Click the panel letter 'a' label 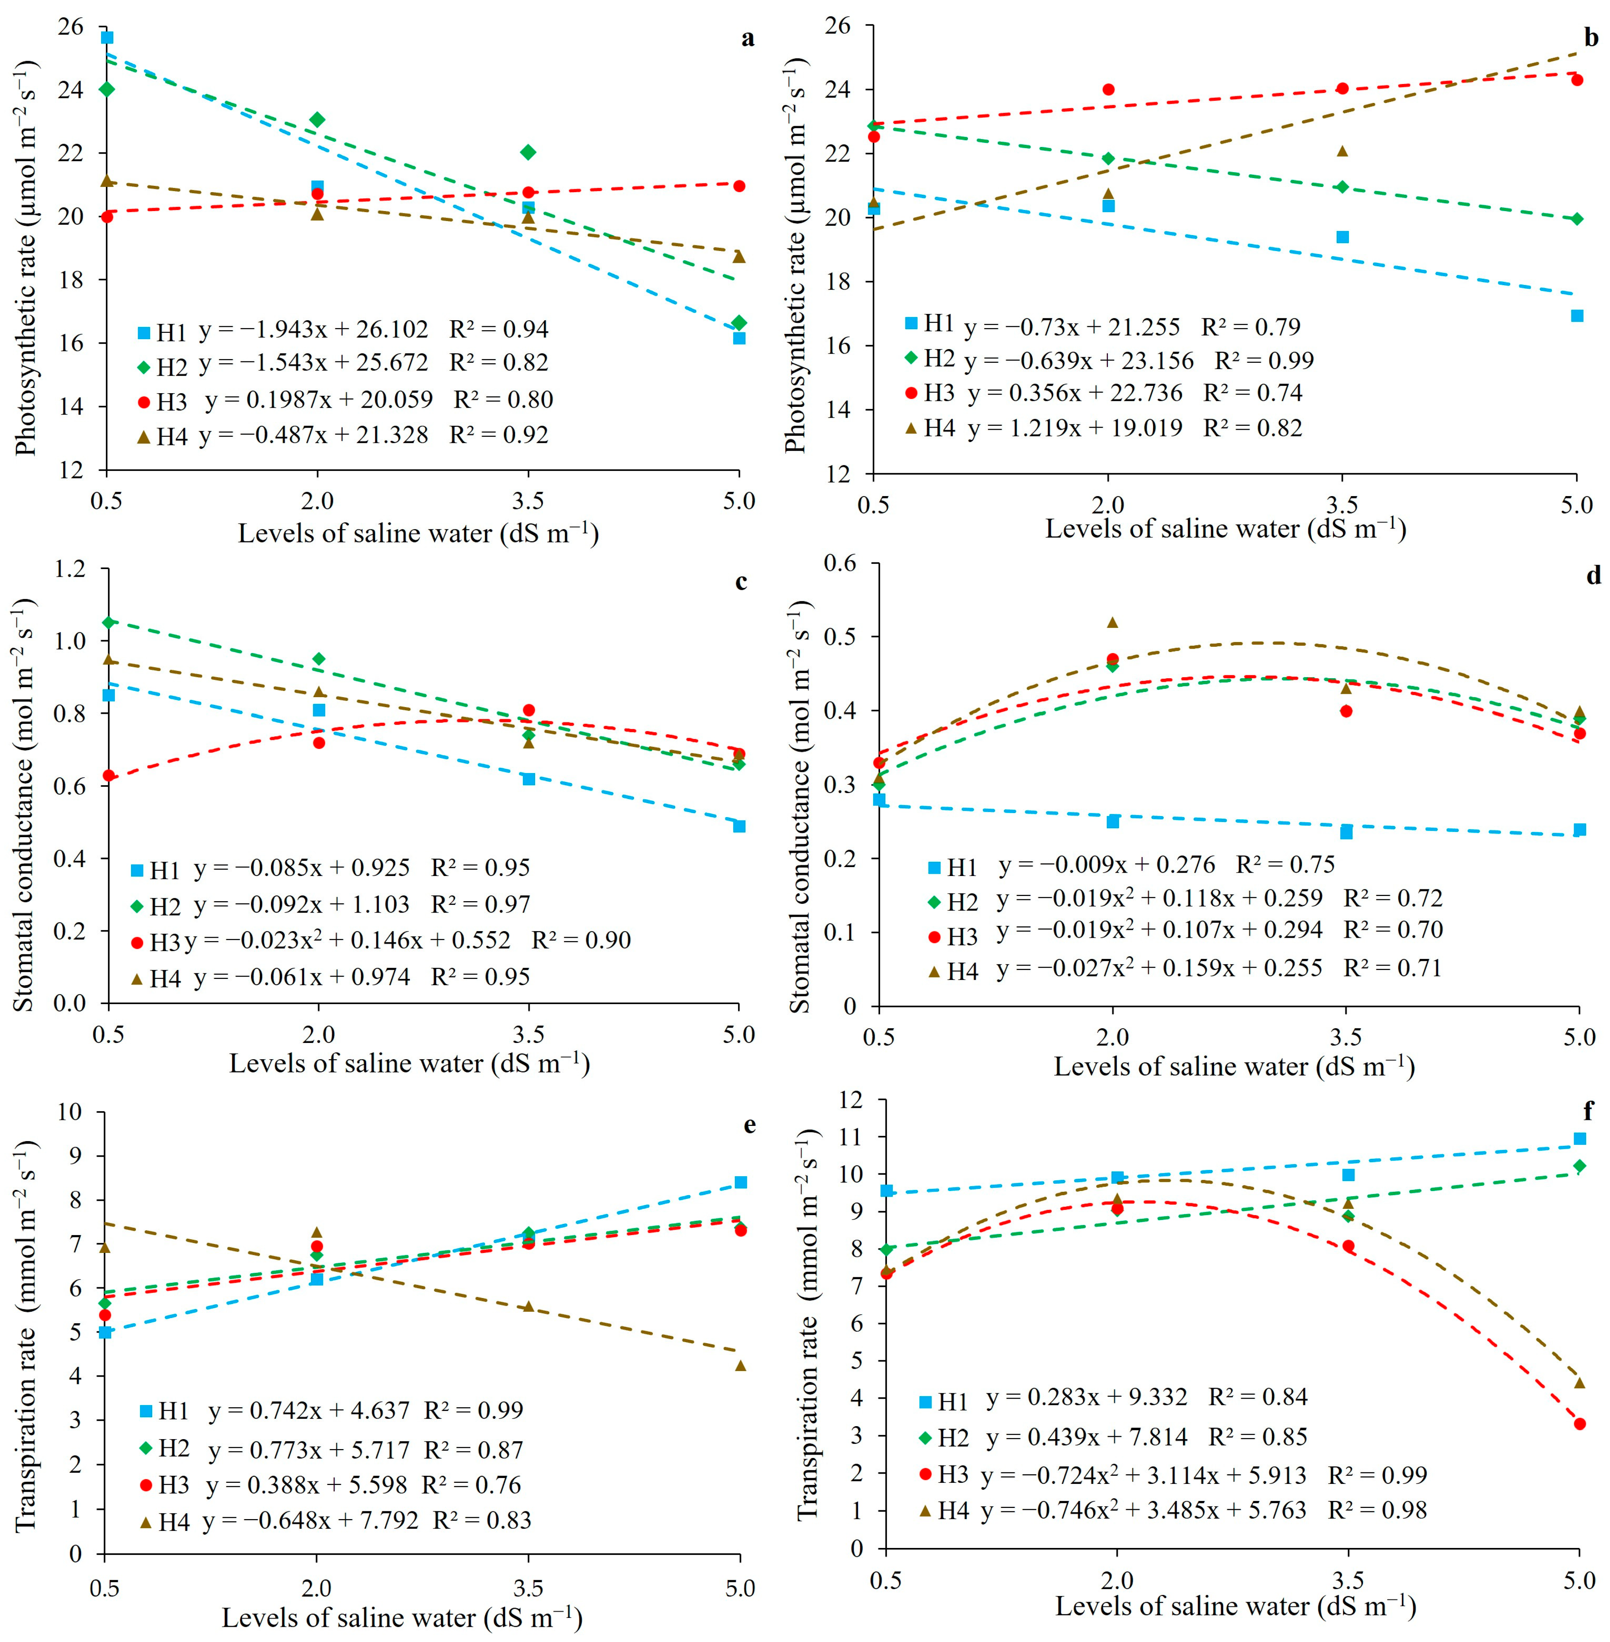(748, 39)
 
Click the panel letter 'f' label (1588, 1110)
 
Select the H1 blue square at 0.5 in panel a (107, 37)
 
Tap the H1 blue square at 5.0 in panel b (1577, 315)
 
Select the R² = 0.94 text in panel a (499, 329)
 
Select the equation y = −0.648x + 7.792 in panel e (310, 1520)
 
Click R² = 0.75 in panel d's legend (1285, 864)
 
